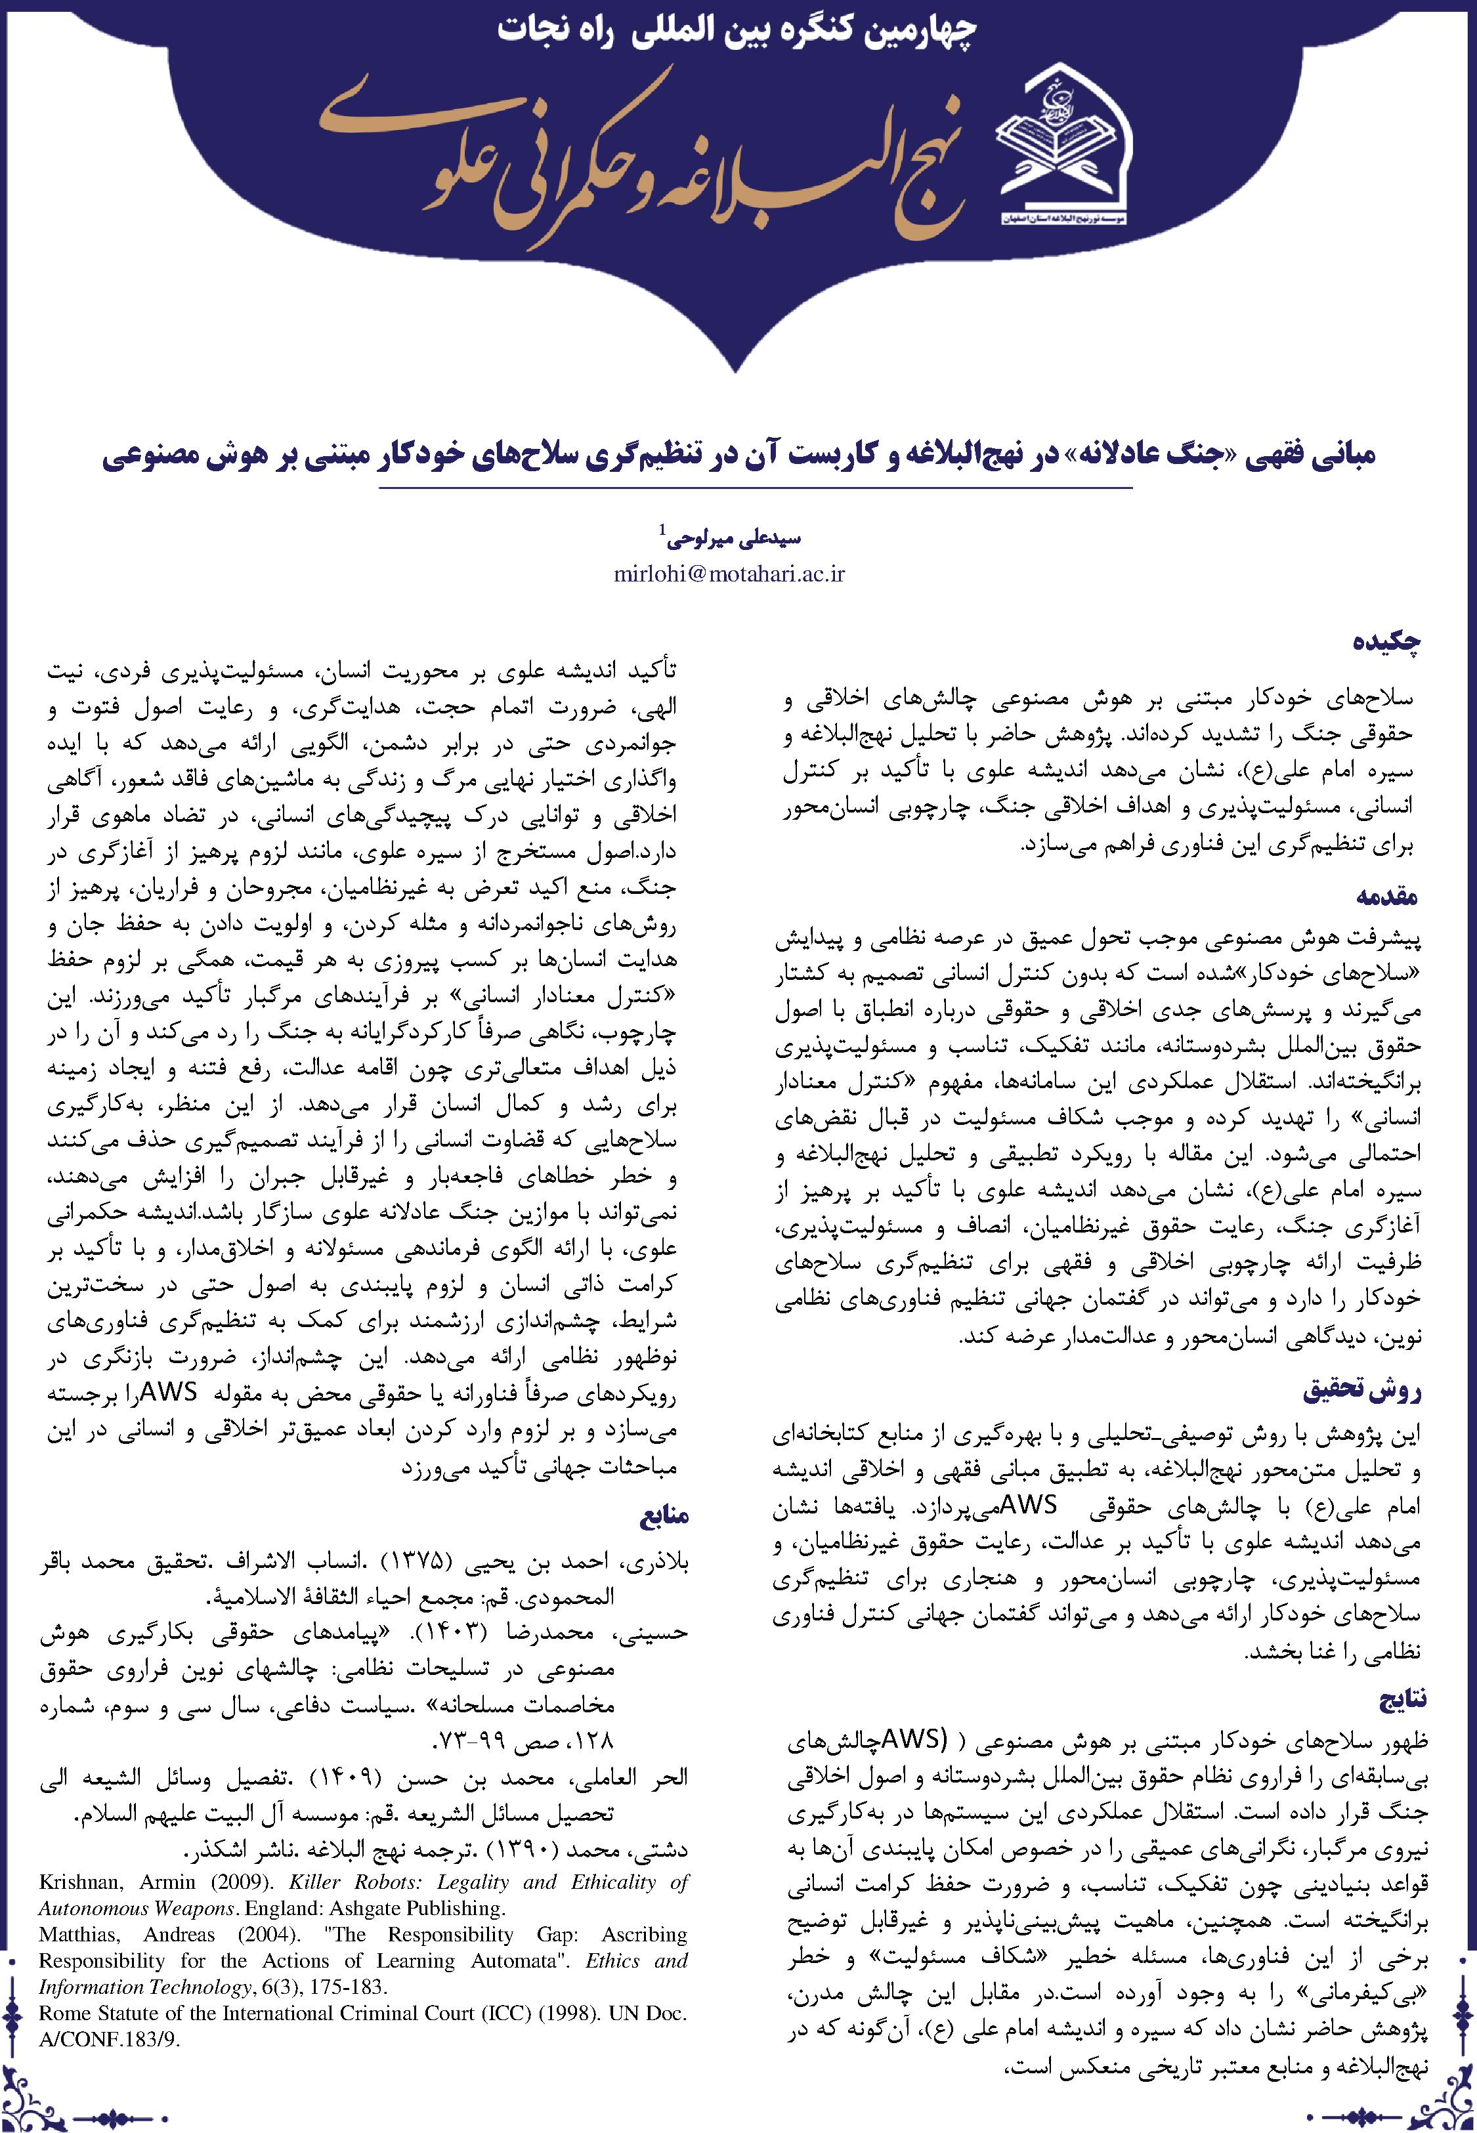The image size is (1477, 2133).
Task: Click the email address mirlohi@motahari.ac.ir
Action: point(730,574)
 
